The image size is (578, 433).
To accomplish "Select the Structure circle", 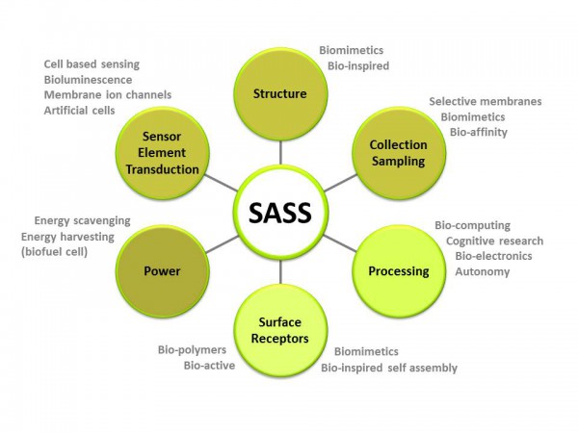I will (279, 94).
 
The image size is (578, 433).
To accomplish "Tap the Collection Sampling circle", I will (397, 154).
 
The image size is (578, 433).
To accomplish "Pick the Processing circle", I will (398, 270).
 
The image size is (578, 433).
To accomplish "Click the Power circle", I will (162, 270).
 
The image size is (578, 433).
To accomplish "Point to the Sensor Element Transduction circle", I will (162, 154).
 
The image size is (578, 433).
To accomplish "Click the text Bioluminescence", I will (92, 79).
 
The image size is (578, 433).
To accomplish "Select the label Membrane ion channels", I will (107, 94).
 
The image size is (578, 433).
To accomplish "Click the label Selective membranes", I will (485, 101).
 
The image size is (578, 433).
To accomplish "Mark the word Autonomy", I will (483, 271).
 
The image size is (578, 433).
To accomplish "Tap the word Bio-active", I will (203, 366).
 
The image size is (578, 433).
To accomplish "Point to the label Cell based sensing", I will (92, 64).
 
